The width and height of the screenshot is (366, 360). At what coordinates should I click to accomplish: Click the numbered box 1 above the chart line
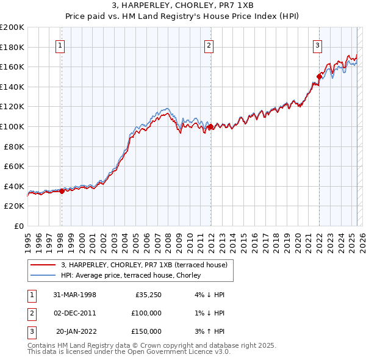coord(62,45)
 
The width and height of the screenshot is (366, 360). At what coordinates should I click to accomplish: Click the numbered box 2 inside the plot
coord(209,45)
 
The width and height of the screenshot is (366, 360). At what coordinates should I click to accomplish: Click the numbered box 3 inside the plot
coord(318,45)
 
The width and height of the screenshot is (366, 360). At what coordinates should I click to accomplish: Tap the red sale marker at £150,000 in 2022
coord(319,76)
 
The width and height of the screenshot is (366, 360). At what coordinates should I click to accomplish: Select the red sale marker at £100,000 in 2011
coord(210,126)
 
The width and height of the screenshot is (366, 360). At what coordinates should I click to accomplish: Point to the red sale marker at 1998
coord(62,191)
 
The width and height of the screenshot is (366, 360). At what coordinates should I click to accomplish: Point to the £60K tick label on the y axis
coord(14,166)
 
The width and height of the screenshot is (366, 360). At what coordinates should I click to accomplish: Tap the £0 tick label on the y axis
coord(19,226)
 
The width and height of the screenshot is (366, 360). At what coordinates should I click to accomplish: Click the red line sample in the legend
coord(43,265)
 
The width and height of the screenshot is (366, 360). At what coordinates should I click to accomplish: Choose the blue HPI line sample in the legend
coord(43,275)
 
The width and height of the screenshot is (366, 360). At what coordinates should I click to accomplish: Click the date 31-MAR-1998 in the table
coord(74,295)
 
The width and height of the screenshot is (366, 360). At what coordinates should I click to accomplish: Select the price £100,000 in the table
coord(147,313)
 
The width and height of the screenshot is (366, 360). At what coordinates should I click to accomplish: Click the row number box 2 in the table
coord(31,313)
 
